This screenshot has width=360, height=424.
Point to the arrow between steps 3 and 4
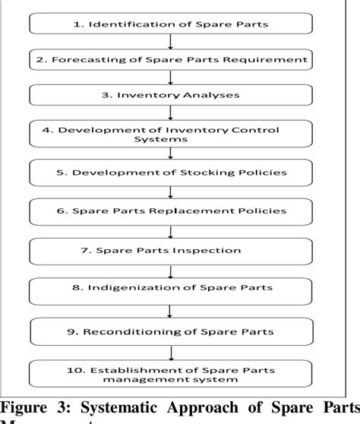[x=169, y=114]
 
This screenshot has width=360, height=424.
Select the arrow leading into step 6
[x=169, y=191]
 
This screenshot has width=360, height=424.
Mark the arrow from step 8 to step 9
[x=169, y=309]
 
